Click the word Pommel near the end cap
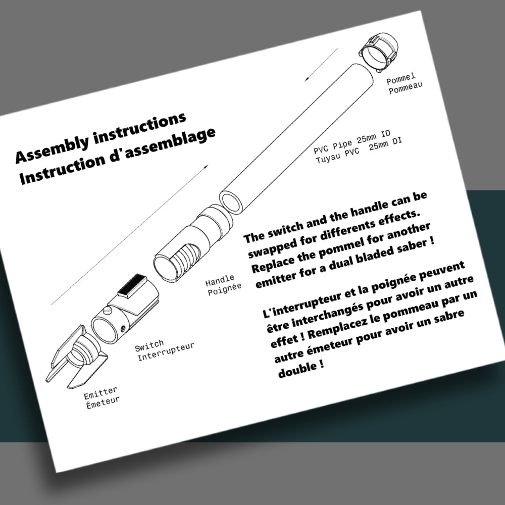pyautogui.click(x=401, y=79)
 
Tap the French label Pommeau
pyautogui.click(x=406, y=88)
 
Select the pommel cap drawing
pyautogui.click(x=378, y=52)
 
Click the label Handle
pyautogui.click(x=220, y=280)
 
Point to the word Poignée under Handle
pyautogui.click(x=225, y=289)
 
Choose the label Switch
pyautogui.click(x=149, y=346)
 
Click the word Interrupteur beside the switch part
pyautogui.click(x=166, y=351)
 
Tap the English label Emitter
pyautogui.click(x=100, y=393)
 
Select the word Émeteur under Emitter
pyautogui.click(x=103, y=402)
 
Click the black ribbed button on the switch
pyautogui.click(x=132, y=286)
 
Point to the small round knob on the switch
pyautogui.click(x=107, y=310)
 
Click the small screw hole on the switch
pyautogui.click(x=123, y=329)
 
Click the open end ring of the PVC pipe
pyautogui.click(x=231, y=203)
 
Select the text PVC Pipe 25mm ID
pyautogui.click(x=352, y=142)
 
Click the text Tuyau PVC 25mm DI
pyautogui.click(x=359, y=150)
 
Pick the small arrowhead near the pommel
pyautogui.click(x=307, y=79)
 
